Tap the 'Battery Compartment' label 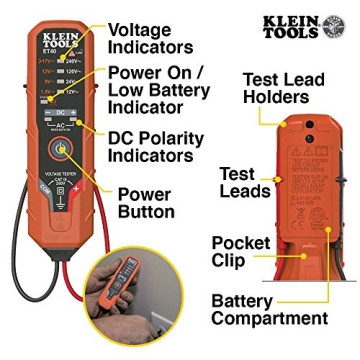click(269, 309)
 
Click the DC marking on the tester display click(59, 113)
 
